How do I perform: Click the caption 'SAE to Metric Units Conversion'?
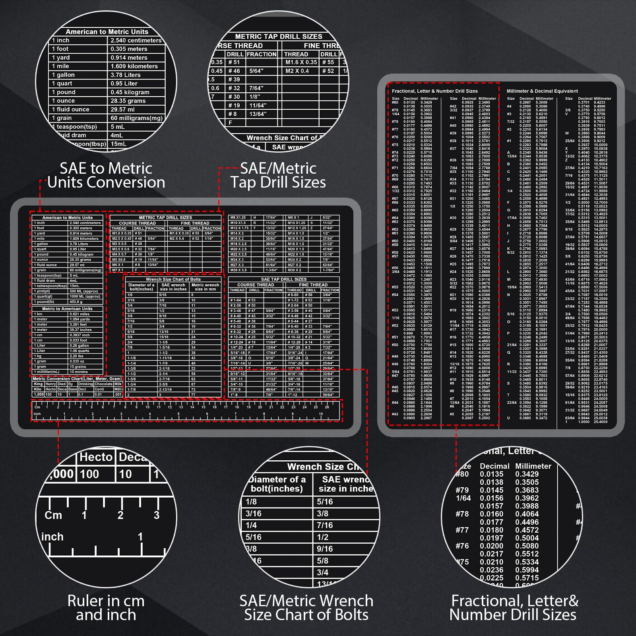point(106,175)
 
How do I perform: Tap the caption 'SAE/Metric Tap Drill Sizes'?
point(278,175)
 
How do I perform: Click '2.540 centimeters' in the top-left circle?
point(136,41)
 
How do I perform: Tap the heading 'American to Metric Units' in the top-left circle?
point(107,32)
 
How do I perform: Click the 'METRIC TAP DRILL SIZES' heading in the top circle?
point(279,37)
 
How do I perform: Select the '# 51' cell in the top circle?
point(234,62)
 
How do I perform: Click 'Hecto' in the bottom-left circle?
point(96,457)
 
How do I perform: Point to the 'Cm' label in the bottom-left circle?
point(53,516)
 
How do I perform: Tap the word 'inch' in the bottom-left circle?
point(52,537)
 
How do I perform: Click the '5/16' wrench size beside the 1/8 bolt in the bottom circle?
point(325,502)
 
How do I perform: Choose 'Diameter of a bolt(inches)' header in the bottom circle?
point(277,484)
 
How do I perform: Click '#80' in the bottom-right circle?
point(462,474)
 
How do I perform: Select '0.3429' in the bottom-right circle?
point(527,474)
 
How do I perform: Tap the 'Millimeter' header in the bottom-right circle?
point(533,466)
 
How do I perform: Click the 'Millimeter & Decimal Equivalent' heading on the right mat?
point(542,91)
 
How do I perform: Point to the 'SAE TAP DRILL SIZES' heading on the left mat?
point(283,279)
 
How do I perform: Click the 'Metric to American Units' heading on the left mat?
point(67,309)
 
